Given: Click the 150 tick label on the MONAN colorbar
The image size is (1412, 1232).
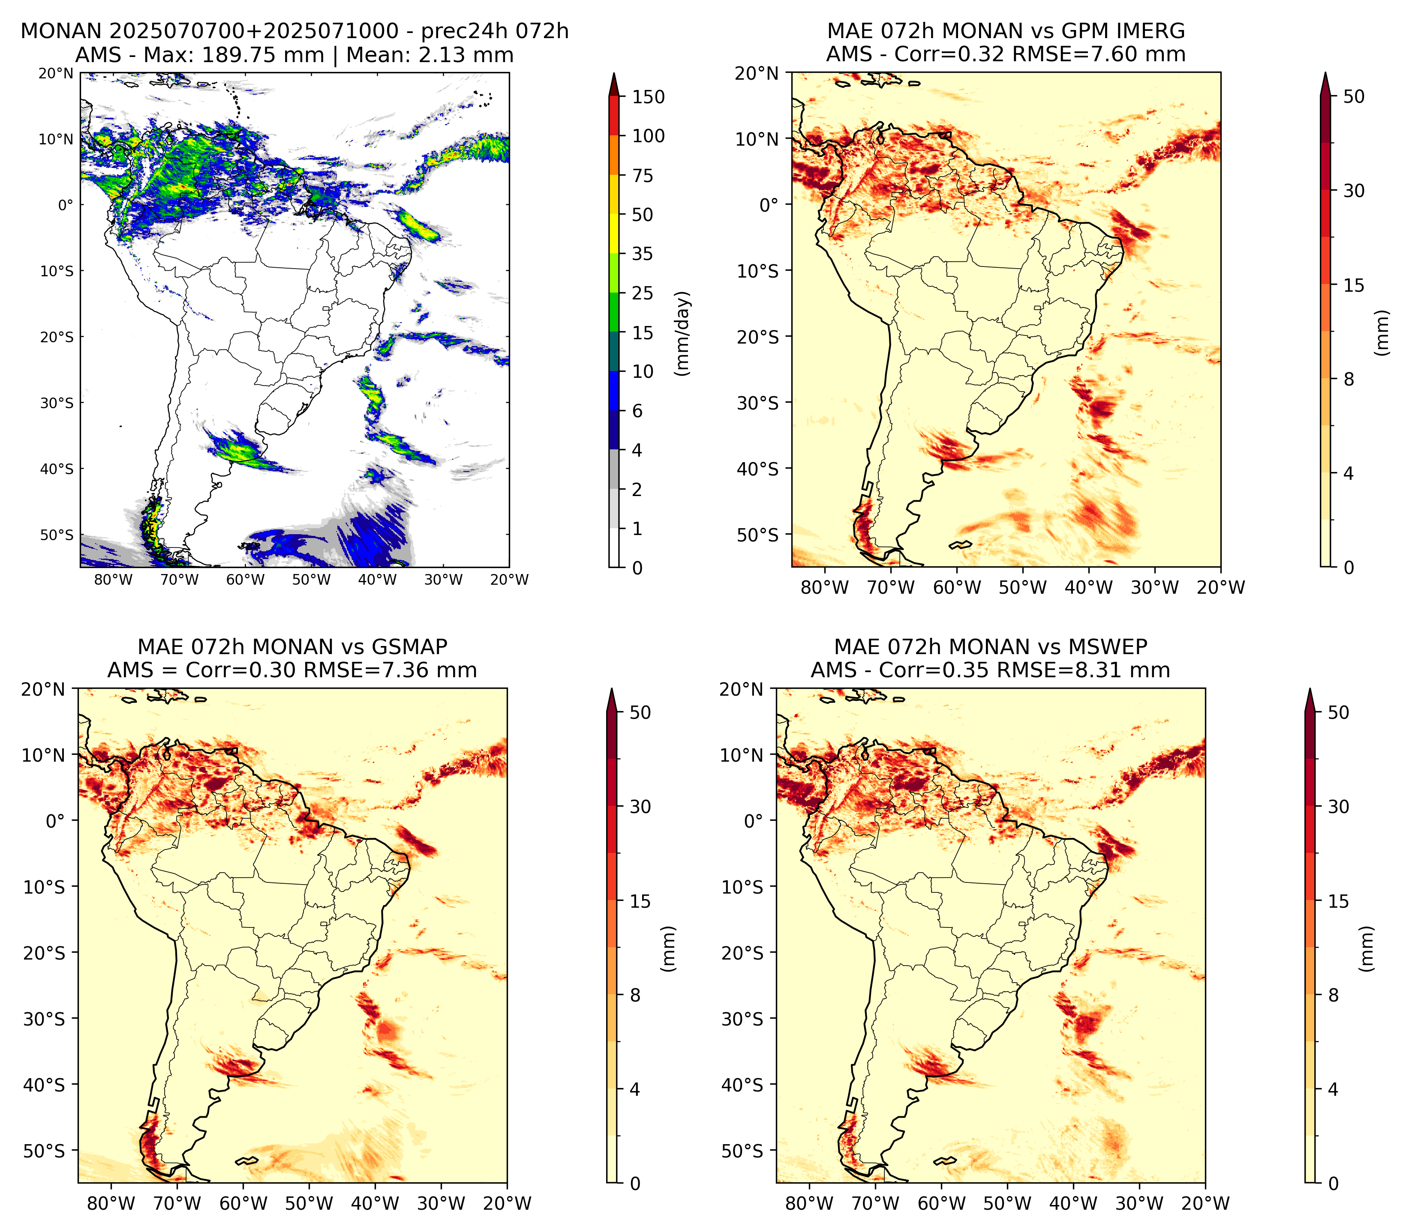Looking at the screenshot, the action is click(x=649, y=97).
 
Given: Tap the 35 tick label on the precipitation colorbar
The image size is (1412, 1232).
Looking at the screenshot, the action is click(x=643, y=254).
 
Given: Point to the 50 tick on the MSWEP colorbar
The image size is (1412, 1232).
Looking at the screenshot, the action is click(x=1338, y=712).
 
